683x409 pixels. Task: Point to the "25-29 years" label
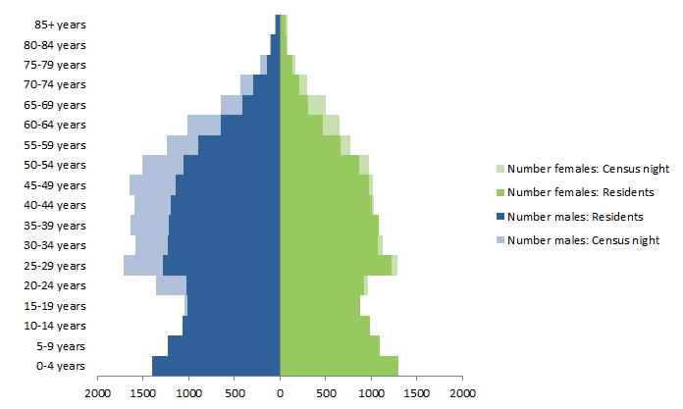[57, 266]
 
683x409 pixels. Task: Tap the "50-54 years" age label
[57, 165]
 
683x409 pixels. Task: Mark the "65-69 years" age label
[57, 104]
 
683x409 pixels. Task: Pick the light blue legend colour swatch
[500, 240]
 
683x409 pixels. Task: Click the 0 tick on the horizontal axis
[280, 393]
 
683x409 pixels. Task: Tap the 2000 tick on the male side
[98, 393]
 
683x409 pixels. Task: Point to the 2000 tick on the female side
[462, 393]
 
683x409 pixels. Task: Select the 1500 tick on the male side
[143, 393]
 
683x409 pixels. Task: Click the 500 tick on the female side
[326, 393]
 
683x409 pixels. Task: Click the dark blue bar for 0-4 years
[216, 366]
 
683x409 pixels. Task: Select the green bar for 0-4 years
[339, 366]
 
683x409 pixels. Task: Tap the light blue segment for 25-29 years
[143, 266]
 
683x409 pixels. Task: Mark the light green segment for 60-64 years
[331, 125]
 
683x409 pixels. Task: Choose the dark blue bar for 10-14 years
[231, 326]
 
